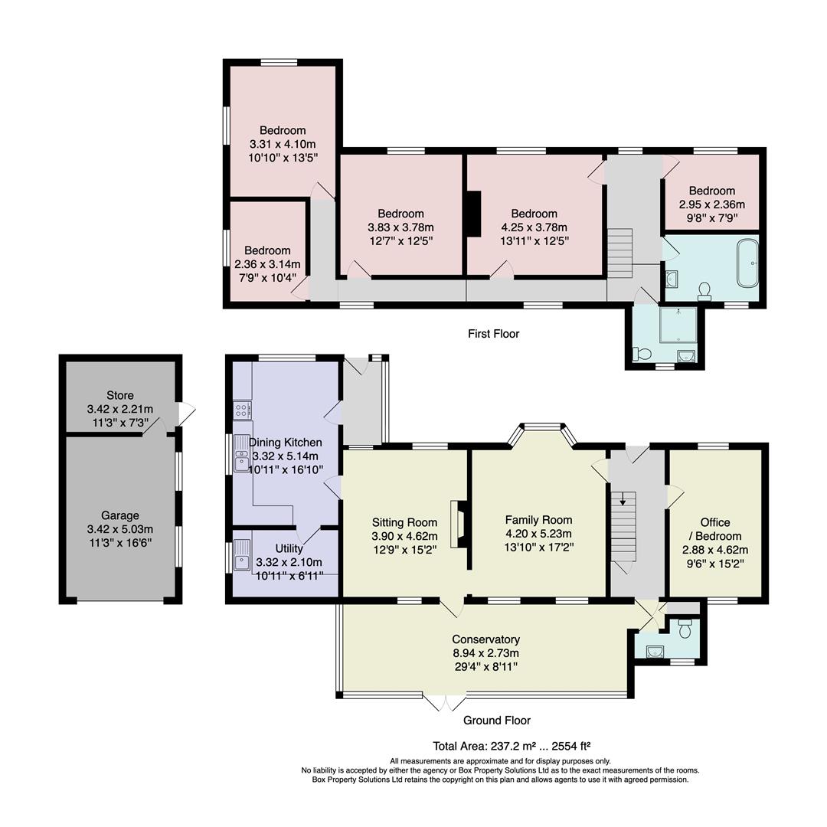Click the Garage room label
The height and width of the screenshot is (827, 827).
click(120, 515)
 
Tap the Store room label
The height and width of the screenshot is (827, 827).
click(120, 396)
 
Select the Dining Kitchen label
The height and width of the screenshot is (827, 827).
click(285, 443)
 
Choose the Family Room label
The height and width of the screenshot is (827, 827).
click(538, 520)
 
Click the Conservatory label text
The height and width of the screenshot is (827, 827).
click(485, 639)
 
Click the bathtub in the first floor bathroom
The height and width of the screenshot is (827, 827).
click(747, 263)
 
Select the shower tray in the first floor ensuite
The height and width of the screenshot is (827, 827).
click(678, 325)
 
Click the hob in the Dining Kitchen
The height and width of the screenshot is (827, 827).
click(243, 409)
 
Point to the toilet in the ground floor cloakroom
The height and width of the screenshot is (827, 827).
click(685, 629)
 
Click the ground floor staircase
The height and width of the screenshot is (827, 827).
click(623, 528)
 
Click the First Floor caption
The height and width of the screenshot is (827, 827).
click(493, 334)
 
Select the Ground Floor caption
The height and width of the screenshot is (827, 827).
click(496, 721)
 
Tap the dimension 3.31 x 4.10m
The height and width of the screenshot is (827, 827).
click(283, 144)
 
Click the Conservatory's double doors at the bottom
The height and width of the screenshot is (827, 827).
click(445, 702)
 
